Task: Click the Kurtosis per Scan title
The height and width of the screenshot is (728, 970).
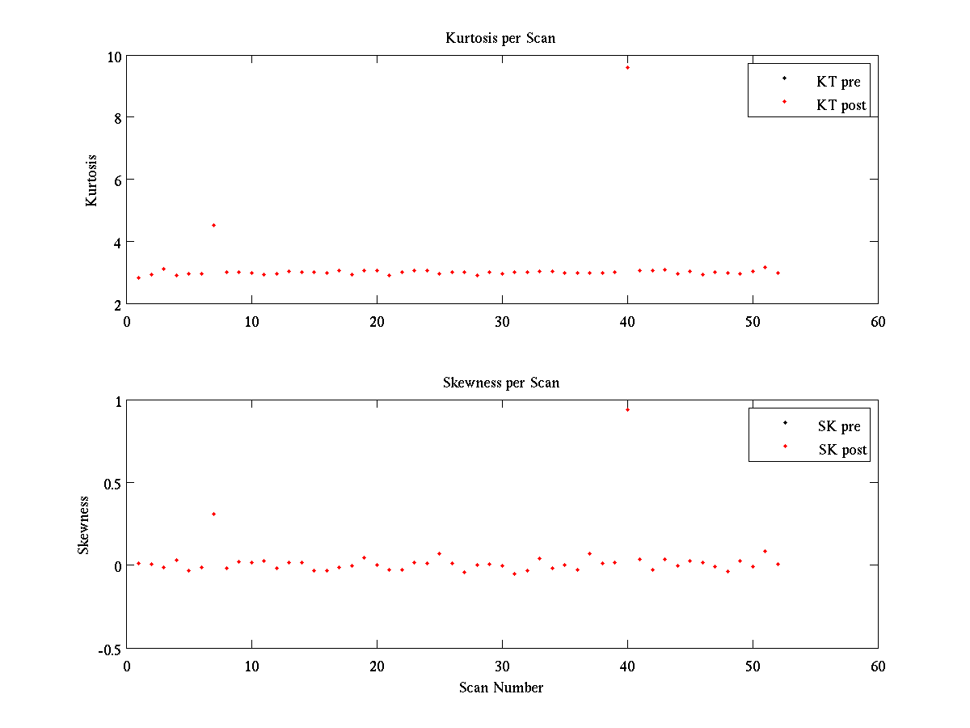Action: coord(500,38)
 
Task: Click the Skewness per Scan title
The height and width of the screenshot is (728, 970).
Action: coord(500,383)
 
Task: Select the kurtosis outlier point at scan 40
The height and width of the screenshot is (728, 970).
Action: coord(627,67)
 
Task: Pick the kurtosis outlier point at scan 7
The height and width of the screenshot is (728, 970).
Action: coord(213,225)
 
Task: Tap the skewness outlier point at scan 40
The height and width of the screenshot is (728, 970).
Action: coord(627,409)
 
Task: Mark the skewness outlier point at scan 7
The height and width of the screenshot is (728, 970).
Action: coord(213,514)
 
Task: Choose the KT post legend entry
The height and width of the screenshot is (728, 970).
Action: coord(841,105)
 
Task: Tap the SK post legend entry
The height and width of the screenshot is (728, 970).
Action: coord(842,450)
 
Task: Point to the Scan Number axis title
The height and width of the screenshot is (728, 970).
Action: coord(501,688)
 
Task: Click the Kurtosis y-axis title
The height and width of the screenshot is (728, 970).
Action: coord(91,180)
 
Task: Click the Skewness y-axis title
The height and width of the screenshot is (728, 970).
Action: coord(83,525)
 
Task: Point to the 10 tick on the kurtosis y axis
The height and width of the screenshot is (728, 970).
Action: coord(115,57)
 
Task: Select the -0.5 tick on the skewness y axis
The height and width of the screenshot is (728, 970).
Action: coord(110,650)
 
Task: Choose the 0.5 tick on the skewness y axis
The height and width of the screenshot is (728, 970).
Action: coord(112,484)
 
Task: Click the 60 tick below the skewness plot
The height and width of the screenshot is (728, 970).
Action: coord(878,666)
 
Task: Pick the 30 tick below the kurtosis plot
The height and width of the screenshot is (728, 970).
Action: coord(502,321)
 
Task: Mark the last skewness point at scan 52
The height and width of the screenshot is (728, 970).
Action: coord(778,564)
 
